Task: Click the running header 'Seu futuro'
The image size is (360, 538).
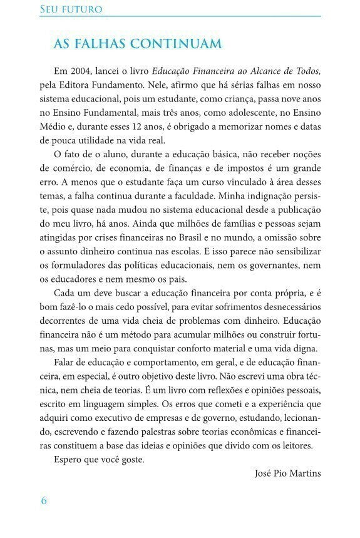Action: (x=71, y=10)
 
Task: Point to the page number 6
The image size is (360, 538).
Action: (x=43, y=500)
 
